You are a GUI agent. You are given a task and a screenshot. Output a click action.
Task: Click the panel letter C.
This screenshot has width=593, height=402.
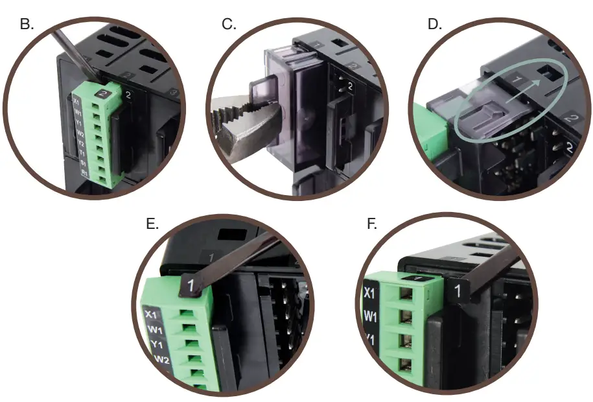coord(229,25)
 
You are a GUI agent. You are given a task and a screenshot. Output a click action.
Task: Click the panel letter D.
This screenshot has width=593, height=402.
coord(434,25)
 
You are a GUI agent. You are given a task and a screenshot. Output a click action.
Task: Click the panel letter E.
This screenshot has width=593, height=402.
coord(152,224)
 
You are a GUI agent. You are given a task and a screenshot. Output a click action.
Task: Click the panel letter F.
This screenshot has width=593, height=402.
coord(371,224)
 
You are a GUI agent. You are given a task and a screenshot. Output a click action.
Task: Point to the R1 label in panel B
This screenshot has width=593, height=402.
coord(84,173)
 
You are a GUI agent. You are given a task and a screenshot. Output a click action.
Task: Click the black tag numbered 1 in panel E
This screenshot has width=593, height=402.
coord(191,285)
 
